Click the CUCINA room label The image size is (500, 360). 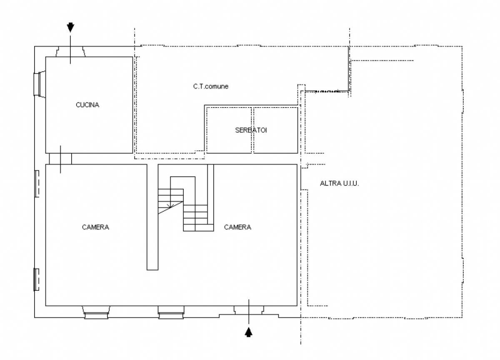coord(87,105)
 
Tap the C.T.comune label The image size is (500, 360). coord(211,86)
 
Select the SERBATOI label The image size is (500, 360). coord(251,130)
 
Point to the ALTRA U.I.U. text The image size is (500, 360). coord(339,183)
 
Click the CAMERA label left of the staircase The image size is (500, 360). coord(95,227)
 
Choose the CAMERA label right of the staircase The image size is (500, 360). coord(237,227)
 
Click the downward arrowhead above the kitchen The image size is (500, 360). coord(70,27)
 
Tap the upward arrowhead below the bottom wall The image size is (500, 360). coord(249,332)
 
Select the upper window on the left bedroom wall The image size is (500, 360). coord(37,184)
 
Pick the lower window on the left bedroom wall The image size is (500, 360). coord(36,280)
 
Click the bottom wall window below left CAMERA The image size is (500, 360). coord(96,312)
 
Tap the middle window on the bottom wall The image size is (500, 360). coord(171,312)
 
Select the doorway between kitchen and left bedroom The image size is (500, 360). coord(60,159)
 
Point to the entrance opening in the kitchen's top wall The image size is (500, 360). coord(70,52)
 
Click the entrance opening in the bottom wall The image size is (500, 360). coord(249,310)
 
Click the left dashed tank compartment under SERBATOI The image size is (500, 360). coord(229,130)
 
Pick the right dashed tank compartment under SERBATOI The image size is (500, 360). coord(276,130)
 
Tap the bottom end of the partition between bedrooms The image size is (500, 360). coord(152,270)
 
